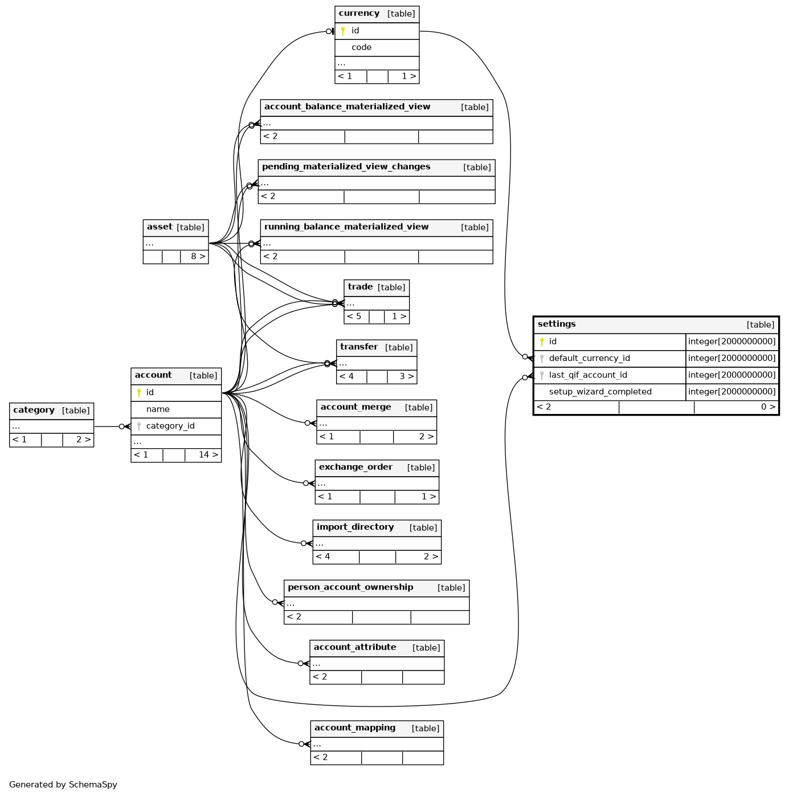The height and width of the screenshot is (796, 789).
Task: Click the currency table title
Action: pos(359,13)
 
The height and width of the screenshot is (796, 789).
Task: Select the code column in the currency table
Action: pos(361,47)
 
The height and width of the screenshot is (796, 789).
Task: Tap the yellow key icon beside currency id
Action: pos(343,31)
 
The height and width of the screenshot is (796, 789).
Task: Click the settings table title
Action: pos(556,324)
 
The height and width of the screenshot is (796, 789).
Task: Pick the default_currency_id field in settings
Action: pos(589,358)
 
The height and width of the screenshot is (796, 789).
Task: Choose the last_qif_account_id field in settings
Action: pos(587,375)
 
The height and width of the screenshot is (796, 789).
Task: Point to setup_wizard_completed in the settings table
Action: pos(600,392)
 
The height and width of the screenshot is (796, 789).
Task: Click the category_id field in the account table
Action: pos(170,426)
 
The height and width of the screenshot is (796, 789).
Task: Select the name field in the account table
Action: pos(158,409)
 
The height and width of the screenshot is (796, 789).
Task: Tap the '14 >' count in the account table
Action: pos(208,455)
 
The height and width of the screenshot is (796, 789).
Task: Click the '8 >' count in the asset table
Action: pos(198,256)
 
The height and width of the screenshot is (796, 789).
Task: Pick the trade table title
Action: pos(360,287)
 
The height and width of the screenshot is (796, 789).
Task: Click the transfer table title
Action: pos(359,347)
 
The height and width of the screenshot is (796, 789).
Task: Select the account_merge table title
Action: pos(355,407)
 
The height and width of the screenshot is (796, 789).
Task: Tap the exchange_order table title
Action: pos(355,467)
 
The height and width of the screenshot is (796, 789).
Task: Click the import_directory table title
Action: pos(355,527)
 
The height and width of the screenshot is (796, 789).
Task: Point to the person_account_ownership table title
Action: pos(350,587)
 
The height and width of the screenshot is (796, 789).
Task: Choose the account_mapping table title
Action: pos(355,728)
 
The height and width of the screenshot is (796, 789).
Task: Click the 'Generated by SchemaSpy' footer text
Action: pos(63,785)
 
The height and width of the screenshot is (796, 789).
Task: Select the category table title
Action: pos(34,410)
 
